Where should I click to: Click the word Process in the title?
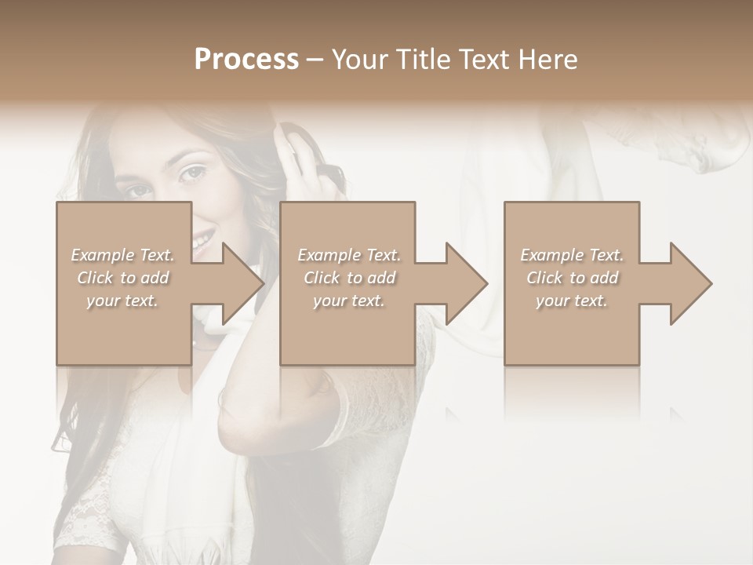tap(246, 60)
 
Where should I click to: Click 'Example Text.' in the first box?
tap(123, 255)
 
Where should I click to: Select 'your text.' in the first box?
tap(123, 301)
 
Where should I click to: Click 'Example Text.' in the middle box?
tap(349, 255)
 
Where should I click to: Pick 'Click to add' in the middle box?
tap(349, 278)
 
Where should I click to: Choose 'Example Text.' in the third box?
tap(572, 255)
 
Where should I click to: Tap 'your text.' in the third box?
tap(572, 301)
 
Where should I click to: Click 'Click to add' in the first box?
tap(123, 278)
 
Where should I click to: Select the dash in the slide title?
tap(315, 60)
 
